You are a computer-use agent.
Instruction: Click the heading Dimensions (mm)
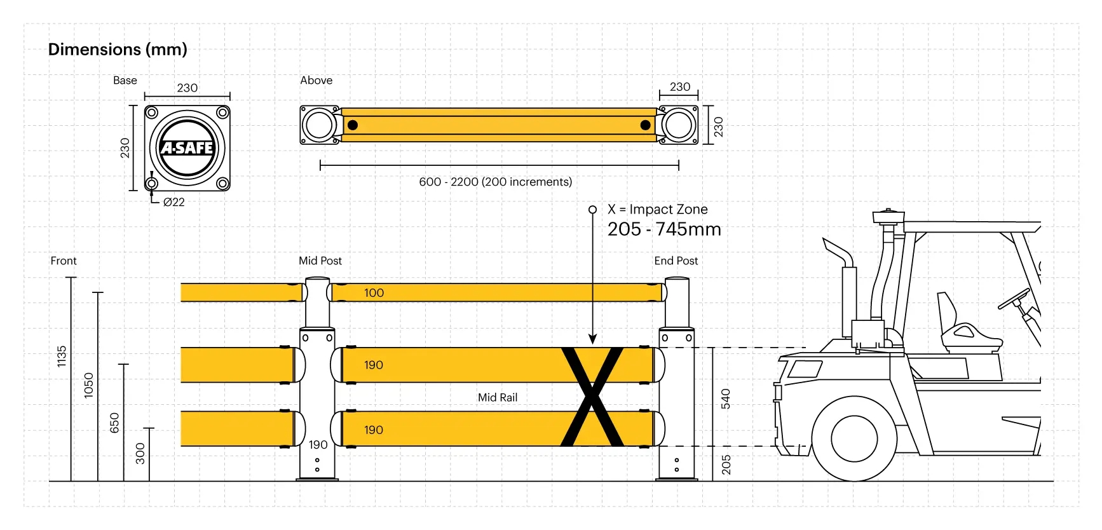[118, 50]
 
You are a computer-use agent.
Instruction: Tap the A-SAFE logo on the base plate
[187, 148]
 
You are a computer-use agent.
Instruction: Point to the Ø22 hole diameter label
[173, 202]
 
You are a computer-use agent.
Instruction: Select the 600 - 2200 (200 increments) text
[495, 182]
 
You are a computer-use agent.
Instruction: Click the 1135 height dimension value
[62, 356]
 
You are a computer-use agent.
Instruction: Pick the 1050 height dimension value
[88, 385]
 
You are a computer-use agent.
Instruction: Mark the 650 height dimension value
[114, 423]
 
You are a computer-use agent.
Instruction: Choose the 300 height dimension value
[140, 453]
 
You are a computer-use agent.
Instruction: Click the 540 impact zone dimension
[726, 398]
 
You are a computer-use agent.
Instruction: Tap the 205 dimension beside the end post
[726, 465]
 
